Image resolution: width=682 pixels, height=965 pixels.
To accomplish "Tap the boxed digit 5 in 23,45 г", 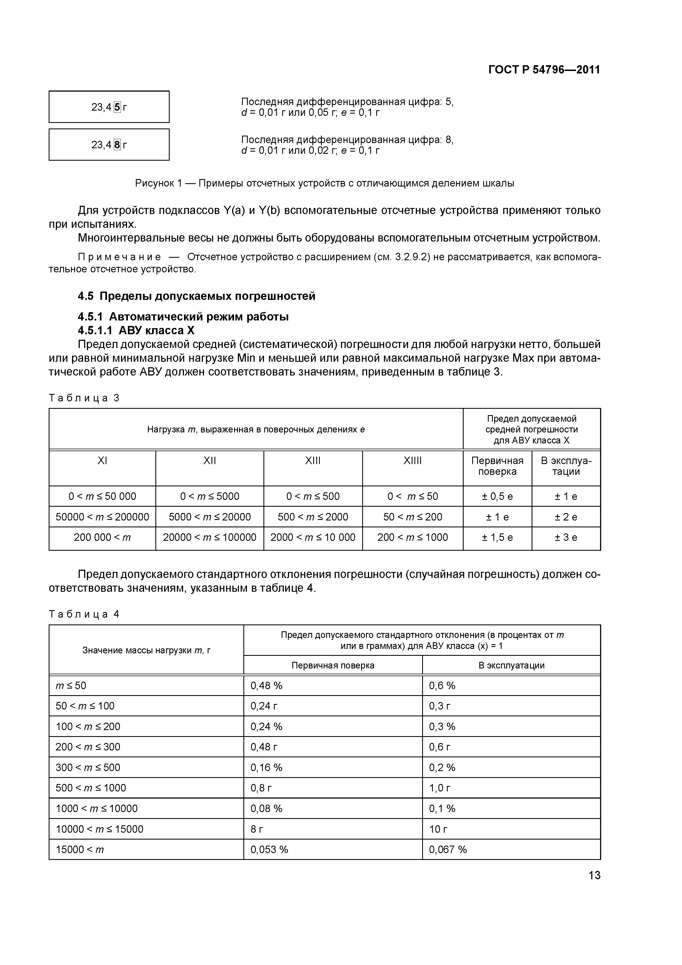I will coord(117,107).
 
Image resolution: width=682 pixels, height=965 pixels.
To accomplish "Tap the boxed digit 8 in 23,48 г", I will coord(117,145).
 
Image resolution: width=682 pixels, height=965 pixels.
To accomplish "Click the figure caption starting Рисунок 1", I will coord(324,183).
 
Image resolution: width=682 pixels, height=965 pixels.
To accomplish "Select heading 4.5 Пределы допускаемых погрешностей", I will coord(197,296).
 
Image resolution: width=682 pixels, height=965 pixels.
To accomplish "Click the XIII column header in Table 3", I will coord(313,461).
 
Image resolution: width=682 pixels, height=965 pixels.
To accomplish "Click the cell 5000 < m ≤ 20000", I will coord(209,517).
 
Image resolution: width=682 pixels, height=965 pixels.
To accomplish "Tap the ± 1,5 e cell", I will coord(497,537).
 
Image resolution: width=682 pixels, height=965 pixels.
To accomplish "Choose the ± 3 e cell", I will coord(566,537).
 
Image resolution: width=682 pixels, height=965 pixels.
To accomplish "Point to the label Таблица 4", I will coord(84,614).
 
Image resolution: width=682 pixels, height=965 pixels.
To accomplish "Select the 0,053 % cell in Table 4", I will coord(269,849).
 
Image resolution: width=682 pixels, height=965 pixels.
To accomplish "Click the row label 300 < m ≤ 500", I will coord(88,767).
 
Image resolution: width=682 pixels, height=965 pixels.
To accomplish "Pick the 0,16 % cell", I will coord(266,767).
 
